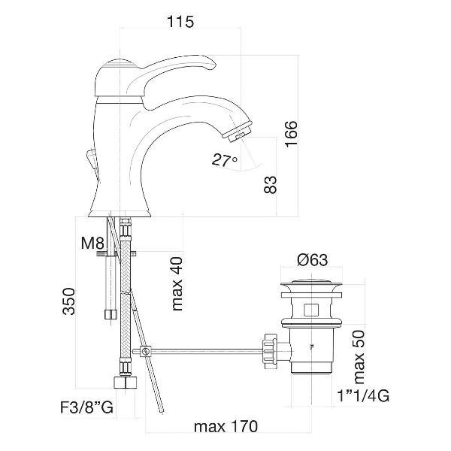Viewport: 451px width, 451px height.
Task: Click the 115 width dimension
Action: (x=180, y=22)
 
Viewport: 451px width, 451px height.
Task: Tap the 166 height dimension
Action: (x=291, y=134)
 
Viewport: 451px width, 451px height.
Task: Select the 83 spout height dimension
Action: (x=270, y=184)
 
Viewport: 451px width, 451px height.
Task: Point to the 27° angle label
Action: (x=225, y=160)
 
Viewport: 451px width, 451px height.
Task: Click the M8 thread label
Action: (x=92, y=244)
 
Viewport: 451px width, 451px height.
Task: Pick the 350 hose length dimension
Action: (x=69, y=301)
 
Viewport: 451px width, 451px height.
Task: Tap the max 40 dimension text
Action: (x=177, y=283)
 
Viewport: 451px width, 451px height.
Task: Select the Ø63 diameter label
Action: (x=313, y=260)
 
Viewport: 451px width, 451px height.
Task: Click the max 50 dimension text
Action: (x=359, y=357)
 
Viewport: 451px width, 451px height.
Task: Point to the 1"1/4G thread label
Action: (x=363, y=396)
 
